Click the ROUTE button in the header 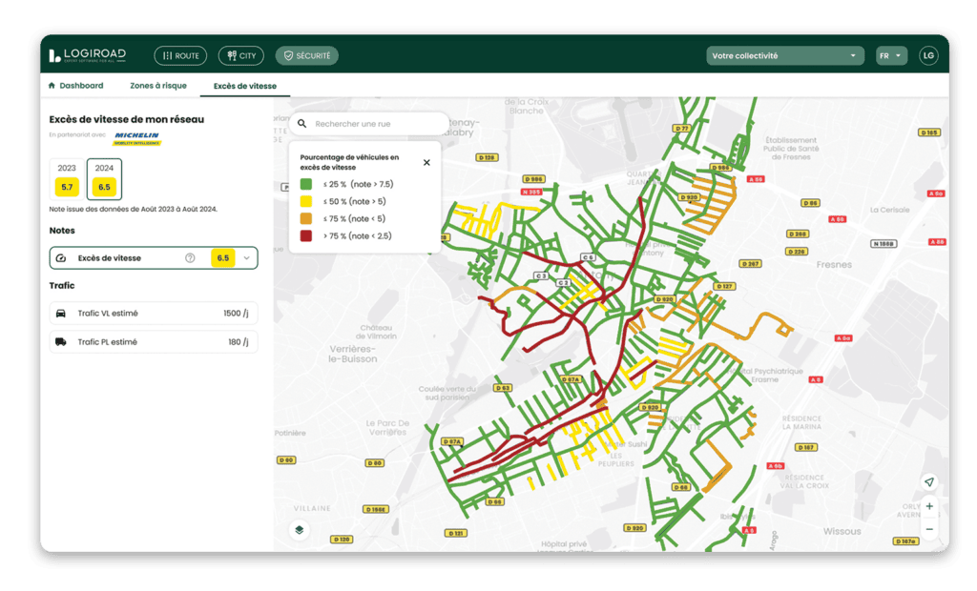pos(180,56)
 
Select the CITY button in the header pos(240,56)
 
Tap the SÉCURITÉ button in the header pos(306,56)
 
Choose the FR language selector pos(890,56)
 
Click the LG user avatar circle pos(928,56)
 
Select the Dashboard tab pos(75,86)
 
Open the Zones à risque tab pos(158,86)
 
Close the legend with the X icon pos(426,162)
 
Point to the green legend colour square pos(306,184)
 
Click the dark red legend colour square pos(306,235)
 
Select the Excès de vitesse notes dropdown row pos(154,258)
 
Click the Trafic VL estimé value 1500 pos(232,314)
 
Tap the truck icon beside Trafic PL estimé pos(61,342)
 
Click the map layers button pos(300,530)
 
